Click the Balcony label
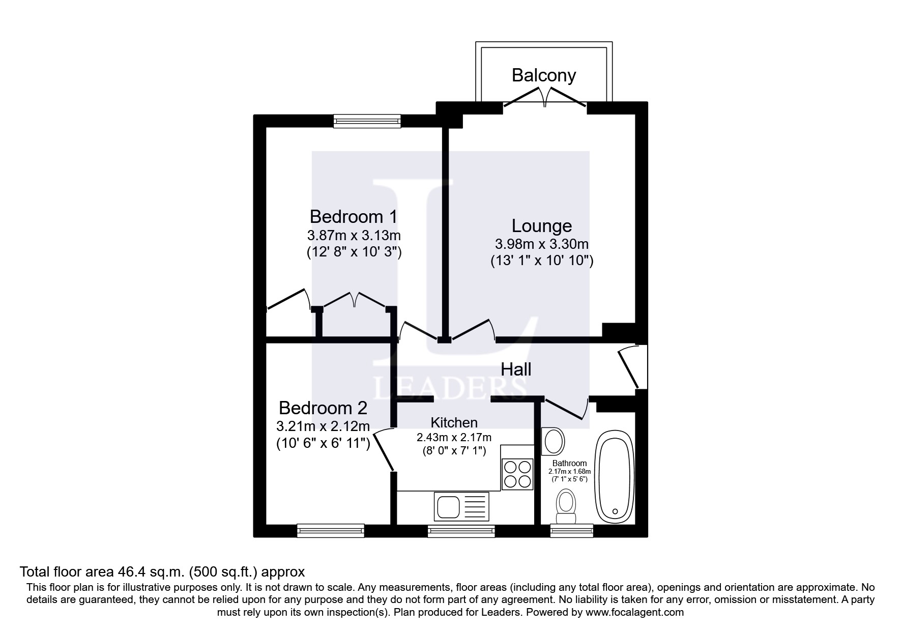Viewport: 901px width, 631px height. pos(543,75)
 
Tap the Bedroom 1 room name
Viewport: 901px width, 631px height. pos(353,217)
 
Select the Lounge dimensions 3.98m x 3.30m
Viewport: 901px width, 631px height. pos(541,244)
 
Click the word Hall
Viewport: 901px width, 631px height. pos(516,369)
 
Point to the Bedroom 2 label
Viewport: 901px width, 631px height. pos(323,408)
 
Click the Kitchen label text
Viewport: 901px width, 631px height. pos(454,422)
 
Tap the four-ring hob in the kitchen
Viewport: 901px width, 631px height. pos(517,474)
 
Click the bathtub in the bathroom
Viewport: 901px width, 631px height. pos(616,477)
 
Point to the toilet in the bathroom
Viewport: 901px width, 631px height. pos(566,507)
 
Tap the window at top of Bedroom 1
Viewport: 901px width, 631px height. pos(367,121)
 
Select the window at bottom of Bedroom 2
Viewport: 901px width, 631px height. pos(331,531)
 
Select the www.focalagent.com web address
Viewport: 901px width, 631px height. pos(634,612)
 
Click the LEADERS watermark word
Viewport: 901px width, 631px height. pos(450,389)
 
